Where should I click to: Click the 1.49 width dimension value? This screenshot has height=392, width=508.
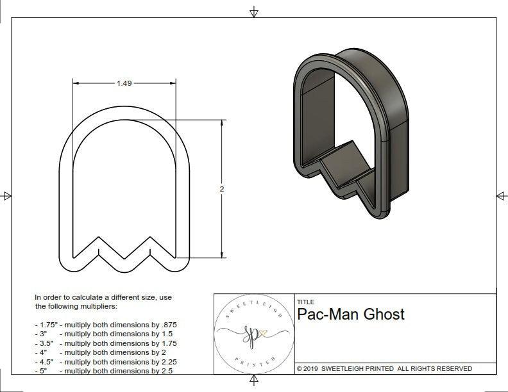click(x=124, y=83)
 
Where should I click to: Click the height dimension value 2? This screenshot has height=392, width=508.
click(x=222, y=189)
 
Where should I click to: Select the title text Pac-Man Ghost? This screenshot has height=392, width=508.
click(x=350, y=314)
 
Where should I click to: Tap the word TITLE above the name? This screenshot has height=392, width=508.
click(x=305, y=302)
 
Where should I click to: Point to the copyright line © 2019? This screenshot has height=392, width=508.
click(x=384, y=368)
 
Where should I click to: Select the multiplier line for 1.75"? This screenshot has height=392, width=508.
click(x=105, y=325)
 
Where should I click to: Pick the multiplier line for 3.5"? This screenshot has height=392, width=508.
click(x=105, y=343)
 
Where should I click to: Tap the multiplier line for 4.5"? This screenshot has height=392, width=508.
click(x=105, y=361)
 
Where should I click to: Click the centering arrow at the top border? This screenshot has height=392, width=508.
click(x=254, y=12)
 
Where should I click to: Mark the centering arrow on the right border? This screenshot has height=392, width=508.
click(x=501, y=195)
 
